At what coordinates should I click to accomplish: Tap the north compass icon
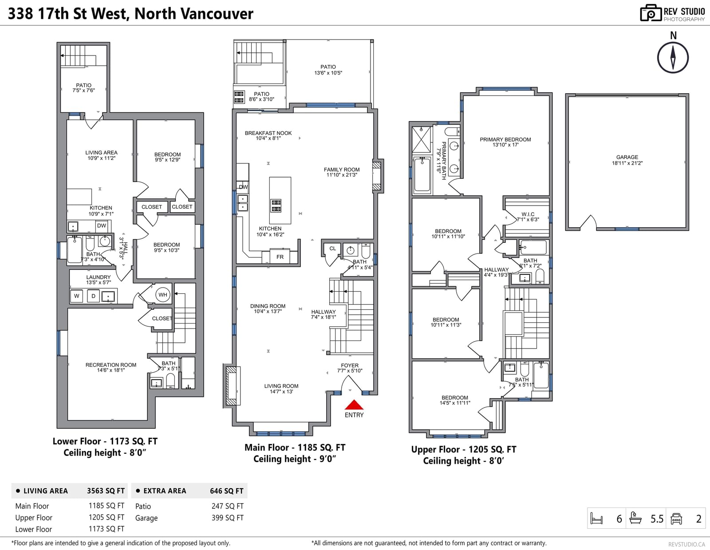(x=673, y=58)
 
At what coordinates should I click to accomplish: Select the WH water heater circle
(x=163, y=295)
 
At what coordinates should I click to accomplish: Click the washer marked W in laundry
(x=76, y=296)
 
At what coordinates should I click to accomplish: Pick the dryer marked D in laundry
(x=94, y=296)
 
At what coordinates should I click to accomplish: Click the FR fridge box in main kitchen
(x=280, y=257)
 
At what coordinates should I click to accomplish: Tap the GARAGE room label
(x=627, y=157)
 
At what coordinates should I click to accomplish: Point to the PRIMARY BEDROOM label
(x=505, y=139)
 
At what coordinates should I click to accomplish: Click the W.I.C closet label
(x=528, y=214)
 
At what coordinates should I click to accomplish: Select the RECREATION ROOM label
(x=111, y=365)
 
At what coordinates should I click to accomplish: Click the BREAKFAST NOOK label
(x=268, y=133)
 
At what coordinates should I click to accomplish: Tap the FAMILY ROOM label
(x=342, y=170)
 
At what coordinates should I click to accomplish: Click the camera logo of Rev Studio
(x=651, y=13)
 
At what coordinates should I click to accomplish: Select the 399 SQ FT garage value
(x=227, y=518)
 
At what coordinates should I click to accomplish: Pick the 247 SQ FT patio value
(x=227, y=506)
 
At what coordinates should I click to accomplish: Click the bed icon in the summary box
(x=596, y=518)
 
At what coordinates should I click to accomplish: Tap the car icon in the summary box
(x=676, y=518)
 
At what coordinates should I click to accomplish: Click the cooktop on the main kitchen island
(x=276, y=206)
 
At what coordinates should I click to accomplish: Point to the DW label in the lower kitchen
(x=102, y=226)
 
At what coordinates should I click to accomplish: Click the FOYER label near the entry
(x=350, y=365)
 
